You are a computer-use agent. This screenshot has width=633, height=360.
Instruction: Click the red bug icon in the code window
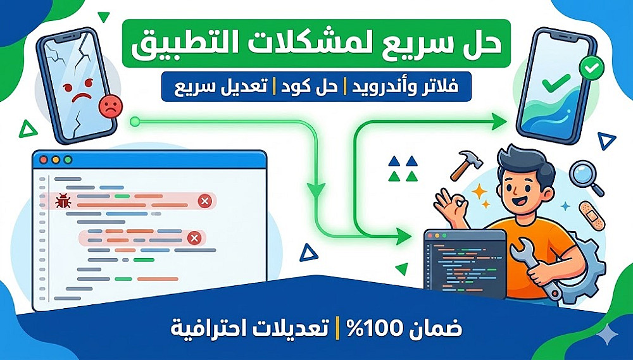[63, 201]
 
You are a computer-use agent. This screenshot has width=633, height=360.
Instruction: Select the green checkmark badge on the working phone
[591, 68]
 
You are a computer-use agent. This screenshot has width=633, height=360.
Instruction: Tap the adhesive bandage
[591, 216]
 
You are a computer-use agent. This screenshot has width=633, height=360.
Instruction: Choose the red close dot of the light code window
[43, 160]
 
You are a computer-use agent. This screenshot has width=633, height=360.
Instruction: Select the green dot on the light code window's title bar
[68, 160]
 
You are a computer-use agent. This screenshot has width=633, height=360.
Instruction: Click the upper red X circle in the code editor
[205, 201]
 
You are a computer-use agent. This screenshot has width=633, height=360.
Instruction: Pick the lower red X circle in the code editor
[194, 238]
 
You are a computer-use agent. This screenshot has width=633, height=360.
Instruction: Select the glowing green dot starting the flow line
[135, 121]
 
